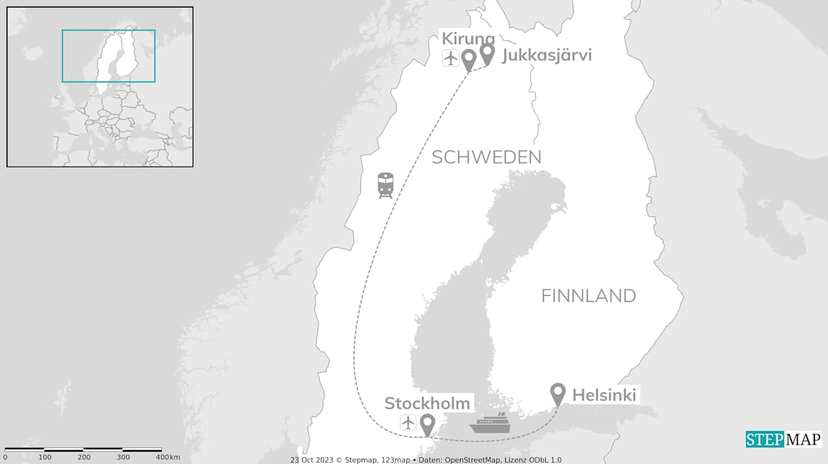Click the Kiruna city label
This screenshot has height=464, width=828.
coord(468,39)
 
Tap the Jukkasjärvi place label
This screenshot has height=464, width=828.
coord(547,56)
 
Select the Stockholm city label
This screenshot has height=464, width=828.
coord(427,404)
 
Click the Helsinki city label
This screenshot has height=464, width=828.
coord(604,395)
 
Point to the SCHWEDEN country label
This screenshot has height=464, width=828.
coord(486,157)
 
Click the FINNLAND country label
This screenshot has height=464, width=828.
coord(588,296)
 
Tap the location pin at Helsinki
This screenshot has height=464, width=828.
coord(558,393)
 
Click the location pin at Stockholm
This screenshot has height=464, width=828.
coord(427,424)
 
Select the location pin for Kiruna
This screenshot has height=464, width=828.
coord(468,59)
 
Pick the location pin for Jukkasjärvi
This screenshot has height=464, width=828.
coord(487,53)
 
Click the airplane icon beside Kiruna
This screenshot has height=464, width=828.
coord(451,58)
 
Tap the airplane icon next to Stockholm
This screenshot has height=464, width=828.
coord(408,423)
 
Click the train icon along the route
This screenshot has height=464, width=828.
coord(386,185)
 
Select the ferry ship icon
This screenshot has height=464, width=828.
coord(490,423)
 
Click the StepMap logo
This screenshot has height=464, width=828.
coord(783,439)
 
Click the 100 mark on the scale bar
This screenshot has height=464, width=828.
coord(45,458)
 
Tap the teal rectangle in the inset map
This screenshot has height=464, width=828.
coord(109,56)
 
